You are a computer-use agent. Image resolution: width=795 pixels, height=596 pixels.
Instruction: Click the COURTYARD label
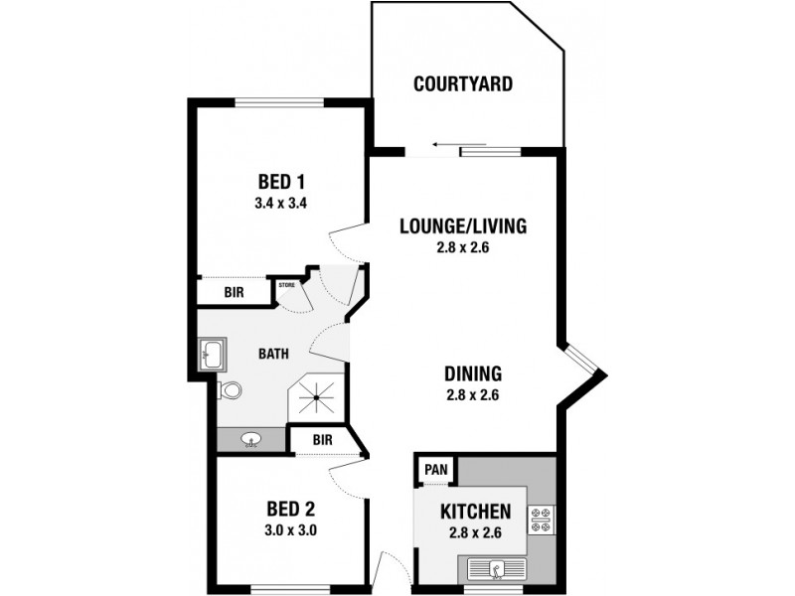click(463, 83)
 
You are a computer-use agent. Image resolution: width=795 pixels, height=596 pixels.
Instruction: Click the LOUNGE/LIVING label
click(462, 225)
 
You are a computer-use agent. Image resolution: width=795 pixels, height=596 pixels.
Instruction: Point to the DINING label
click(472, 374)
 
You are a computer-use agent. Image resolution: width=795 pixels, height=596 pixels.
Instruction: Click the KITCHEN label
click(475, 513)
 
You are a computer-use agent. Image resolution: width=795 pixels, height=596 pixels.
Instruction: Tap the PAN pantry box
click(434, 469)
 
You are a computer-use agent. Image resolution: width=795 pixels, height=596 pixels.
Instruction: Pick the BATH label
click(273, 354)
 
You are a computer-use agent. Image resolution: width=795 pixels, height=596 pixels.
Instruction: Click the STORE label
click(287, 285)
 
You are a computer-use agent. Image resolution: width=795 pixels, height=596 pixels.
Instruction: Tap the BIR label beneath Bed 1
click(234, 292)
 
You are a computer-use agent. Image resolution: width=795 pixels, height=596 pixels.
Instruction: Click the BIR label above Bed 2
click(322, 438)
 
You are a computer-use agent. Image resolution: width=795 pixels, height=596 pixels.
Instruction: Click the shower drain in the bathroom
click(317, 398)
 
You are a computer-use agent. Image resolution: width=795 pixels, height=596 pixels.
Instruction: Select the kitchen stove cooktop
click(542, 521)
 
